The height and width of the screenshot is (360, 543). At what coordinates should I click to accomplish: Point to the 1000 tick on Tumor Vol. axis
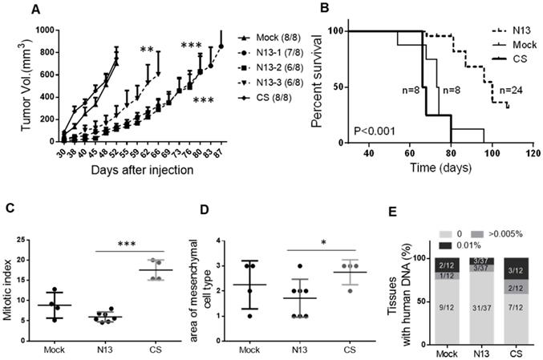(x=41, y=30)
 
